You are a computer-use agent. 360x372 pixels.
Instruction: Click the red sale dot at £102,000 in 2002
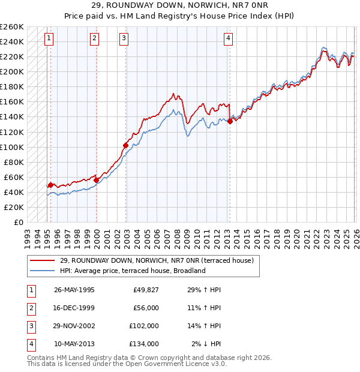point(125,145)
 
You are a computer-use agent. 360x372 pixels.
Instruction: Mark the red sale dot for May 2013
point(230,121)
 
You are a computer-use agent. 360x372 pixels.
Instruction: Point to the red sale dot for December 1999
point(96,180)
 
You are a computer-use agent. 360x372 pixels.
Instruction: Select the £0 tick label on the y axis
point(18,222)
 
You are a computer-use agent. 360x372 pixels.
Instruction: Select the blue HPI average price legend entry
point(133,271)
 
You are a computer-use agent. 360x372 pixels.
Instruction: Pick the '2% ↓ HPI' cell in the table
point(206,344)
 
